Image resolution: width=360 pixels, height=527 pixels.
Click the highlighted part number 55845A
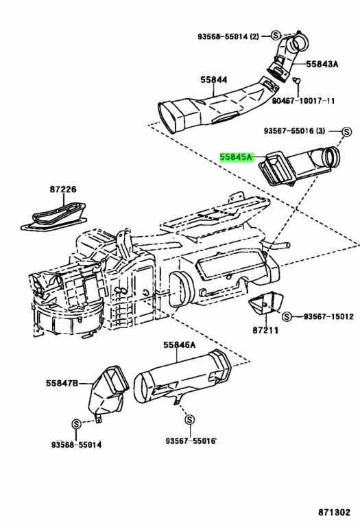tap(237, 157)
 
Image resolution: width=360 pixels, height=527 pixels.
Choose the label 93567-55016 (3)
tap(296, 130)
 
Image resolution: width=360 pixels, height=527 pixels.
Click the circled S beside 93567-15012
tap(287, 316)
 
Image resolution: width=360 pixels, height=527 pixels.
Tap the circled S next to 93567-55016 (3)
tap(347, 130)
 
